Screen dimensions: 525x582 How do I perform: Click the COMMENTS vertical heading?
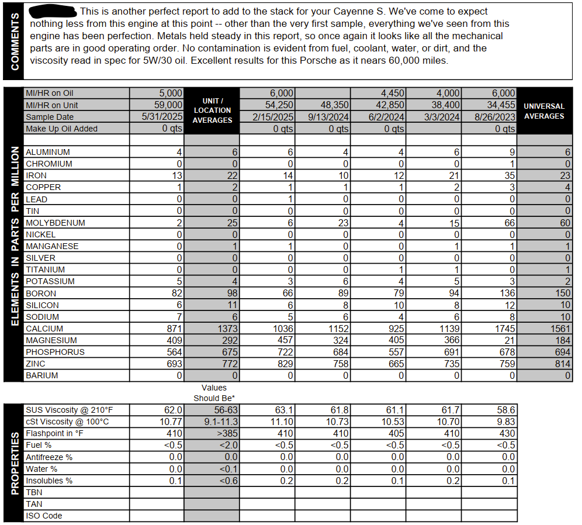(x=15, y=41)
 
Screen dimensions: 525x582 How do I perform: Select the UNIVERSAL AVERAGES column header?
(x=543, y=111)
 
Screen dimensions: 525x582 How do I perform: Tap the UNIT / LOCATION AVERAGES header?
(x=212, y=110)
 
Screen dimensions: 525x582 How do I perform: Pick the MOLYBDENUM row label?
(x=56, y=223)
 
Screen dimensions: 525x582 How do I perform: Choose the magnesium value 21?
(x=510, y=340)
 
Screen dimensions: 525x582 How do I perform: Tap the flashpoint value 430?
(x=507, y=433)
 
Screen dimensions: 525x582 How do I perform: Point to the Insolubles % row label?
(x=49, y=481)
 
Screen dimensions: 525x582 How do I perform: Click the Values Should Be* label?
(x=214, y=392)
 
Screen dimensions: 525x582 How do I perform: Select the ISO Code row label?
(x=44, y=516)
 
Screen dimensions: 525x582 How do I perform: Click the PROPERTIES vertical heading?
(x=15, y=462)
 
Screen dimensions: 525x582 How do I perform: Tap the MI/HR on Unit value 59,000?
(x=167, y=105)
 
